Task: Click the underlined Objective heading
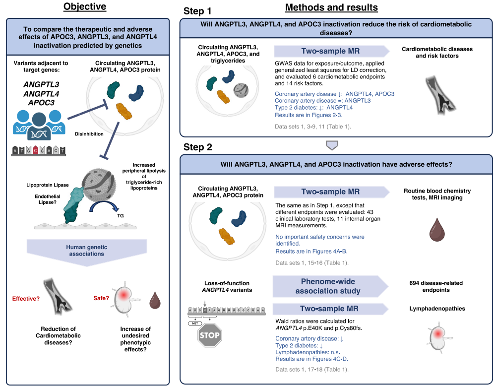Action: [x=85, y=6]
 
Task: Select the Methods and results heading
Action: [x=331, y=7]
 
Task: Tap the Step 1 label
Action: [x=197, y=11]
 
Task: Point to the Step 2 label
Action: [x=197, y=147]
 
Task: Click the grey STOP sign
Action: [x=210, y=335]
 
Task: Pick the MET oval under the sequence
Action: [x=195, y=323]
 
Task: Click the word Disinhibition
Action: [x=89, y=134]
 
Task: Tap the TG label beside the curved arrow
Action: [x=120, y=216]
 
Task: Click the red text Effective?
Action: [x=26, y=299]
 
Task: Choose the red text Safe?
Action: [x=101, y=298]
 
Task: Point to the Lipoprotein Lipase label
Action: [x=47, y=185]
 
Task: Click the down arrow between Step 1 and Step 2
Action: [x=332, y=145]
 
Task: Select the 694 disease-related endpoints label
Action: [x=436, y=286]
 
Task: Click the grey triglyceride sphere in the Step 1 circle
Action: [x=241, y=90]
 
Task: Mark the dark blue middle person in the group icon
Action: [x=39, y=127]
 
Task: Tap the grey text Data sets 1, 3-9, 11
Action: [x=313, y=127]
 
